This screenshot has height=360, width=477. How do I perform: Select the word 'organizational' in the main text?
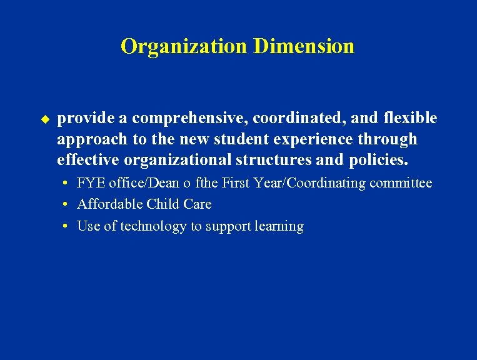(x=178, y=160)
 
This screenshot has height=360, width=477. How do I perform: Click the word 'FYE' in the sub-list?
(x=91, y=183)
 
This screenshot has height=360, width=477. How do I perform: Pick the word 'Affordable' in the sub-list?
(x=110, y=204)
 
